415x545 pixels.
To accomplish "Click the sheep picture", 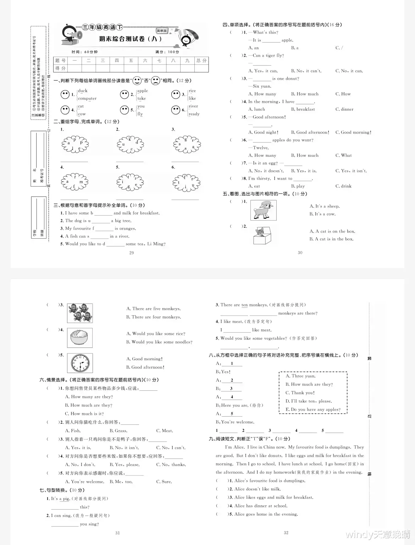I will coord(263,210).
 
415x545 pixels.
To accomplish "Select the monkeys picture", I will coord(80,313).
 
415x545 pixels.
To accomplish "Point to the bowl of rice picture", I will coord(80,338).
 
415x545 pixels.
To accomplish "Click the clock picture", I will coord(80,363).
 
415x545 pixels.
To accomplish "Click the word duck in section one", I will coord(83,91).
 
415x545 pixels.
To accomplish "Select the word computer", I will coord(87,99).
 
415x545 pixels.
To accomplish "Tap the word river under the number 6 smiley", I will coord(193,106).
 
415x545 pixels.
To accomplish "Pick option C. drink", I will coord(343,186).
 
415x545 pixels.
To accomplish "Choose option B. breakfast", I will coord(303,109).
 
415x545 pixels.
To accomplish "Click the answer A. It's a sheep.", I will coord(325,206).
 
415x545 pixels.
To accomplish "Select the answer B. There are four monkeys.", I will coord(154,317).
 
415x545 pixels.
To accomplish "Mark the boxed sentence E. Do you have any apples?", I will coord(313,410).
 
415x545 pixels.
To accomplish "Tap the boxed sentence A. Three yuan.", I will coord(300,376).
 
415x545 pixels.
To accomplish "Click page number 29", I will coord(132,253).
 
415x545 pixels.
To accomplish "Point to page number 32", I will coord(286,533).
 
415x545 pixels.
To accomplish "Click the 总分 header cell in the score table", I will coord(201,61).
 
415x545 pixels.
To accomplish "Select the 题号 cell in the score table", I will coord(60,61).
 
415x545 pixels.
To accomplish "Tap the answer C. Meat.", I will coord(165,431).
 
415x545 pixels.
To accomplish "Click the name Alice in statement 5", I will coord(240,514).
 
